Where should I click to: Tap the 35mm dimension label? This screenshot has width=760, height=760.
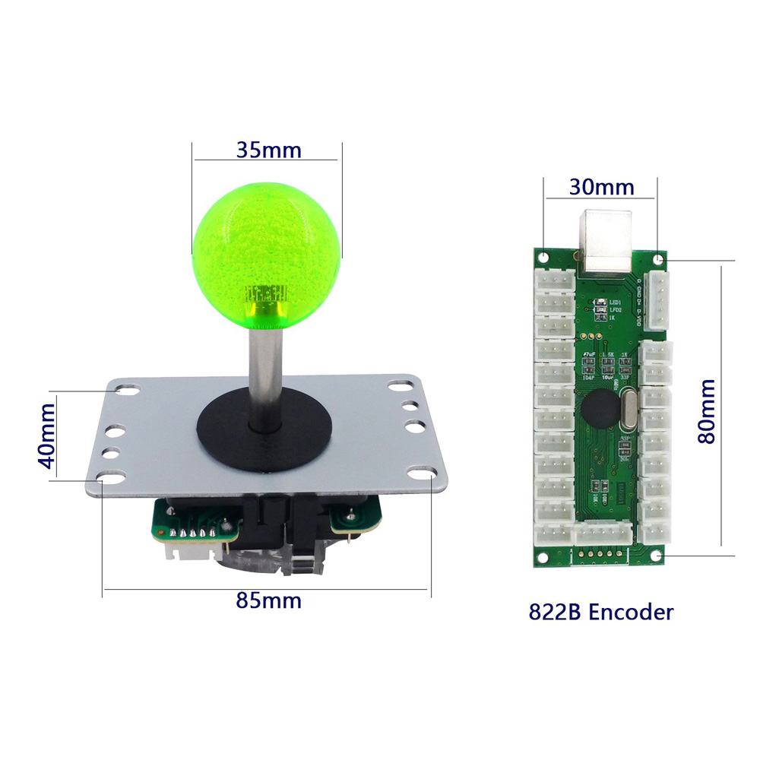(268, 149)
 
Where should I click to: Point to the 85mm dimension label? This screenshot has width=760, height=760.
(268, 600)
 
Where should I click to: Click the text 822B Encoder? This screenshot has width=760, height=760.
(600, 612)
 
